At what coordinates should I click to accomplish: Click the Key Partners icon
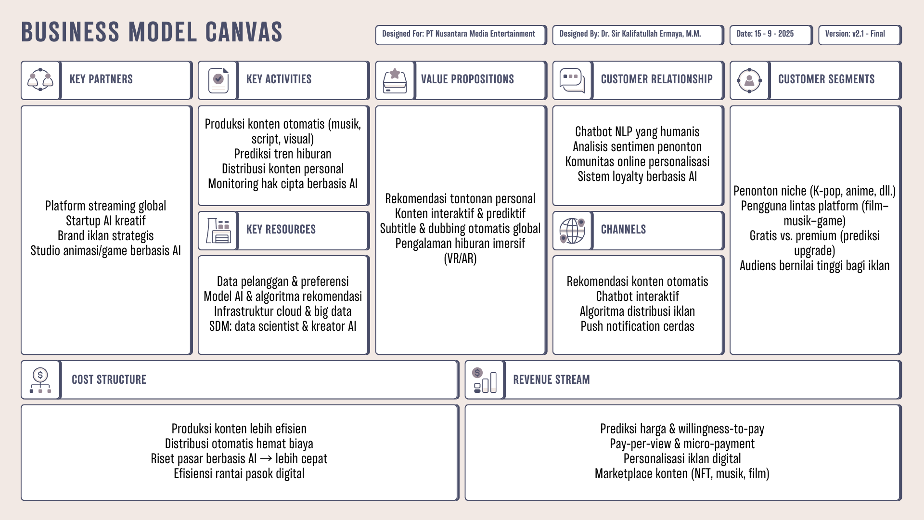coord(40,79)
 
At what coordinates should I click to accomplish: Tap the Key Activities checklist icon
coord(218,79)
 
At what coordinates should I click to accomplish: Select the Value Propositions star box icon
coord(395,79)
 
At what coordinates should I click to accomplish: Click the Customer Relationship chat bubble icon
coord(572,79)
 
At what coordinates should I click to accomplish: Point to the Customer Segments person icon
coord(749,79)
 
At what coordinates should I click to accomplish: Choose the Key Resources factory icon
coord(218,230)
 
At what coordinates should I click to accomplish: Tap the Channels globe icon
coord(572,230)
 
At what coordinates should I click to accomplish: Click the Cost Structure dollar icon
coord(40,380)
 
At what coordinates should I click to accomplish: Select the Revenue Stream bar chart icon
coord(485,380)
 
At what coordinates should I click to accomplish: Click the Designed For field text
coord(458,34)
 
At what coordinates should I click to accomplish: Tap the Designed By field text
coord(630,34)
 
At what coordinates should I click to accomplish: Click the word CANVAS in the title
coord(244,32)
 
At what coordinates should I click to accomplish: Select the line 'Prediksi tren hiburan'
coord(282,154)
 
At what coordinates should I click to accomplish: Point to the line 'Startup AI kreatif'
coord(105,221)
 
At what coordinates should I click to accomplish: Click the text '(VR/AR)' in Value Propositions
coord(460,259)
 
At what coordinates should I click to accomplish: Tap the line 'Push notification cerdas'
coord(637,326)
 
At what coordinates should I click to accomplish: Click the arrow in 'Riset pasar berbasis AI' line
coord(266,459)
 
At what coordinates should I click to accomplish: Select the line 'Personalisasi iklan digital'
coord(682,459)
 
